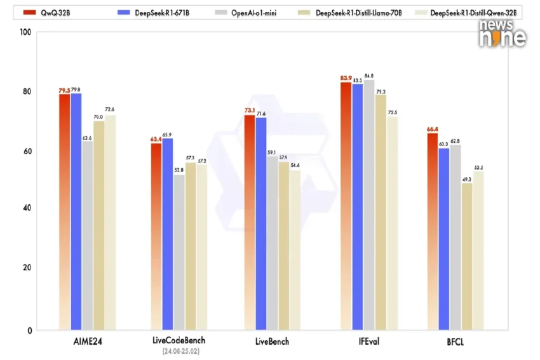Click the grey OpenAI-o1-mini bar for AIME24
click(87, 235)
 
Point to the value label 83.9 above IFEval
click(346, 78)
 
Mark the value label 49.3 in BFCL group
click(467, 179)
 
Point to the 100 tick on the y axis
click(24, 32)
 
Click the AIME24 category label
click(88, 342)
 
